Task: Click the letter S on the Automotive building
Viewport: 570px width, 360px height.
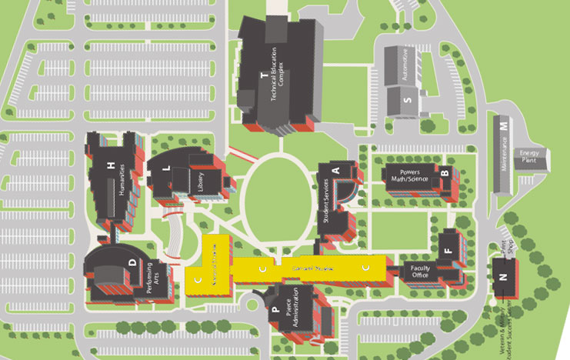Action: (408, 98)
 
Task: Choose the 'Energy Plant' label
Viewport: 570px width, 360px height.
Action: (528, 155)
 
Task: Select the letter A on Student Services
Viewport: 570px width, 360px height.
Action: (335, 169)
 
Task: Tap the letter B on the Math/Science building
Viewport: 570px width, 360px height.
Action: (444, 172)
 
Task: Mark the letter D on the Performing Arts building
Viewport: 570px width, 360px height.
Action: (132, 264)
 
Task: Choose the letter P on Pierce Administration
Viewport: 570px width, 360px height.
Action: (275, 311)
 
